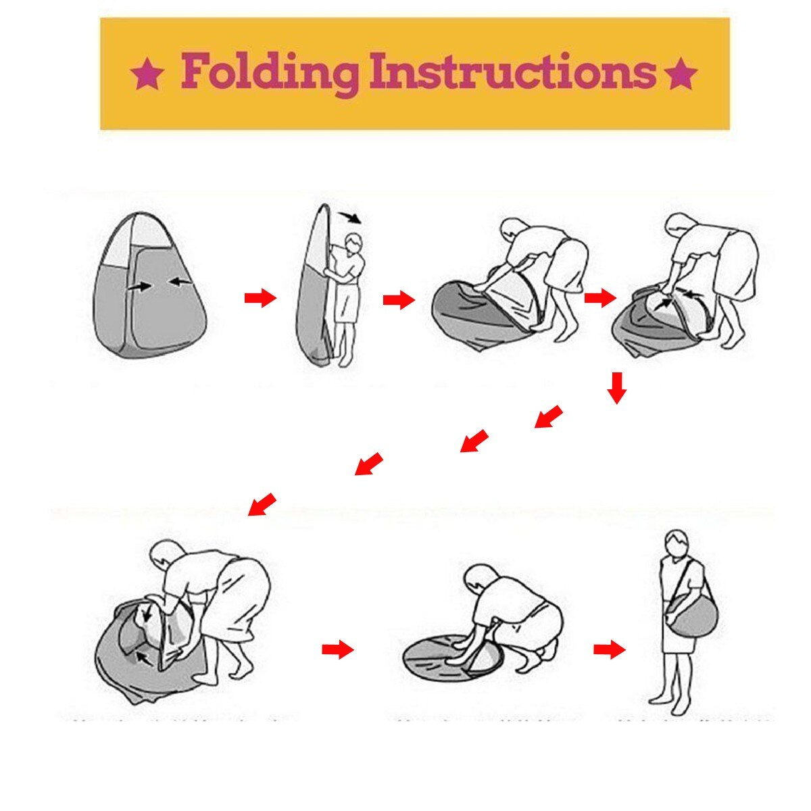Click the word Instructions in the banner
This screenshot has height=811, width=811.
click(513, 70)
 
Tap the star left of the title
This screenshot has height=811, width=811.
click(147, 74)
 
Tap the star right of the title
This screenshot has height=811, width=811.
click(680, 74)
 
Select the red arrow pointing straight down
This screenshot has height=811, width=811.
click(616, 388)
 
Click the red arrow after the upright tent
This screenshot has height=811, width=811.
click(260, 298)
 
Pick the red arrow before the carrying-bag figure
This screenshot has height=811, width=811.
click(610, 649)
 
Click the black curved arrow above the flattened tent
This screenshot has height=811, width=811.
click(350, 218)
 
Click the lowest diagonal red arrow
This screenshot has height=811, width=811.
click(262, 504)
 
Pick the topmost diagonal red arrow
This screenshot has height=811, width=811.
click(548, 417)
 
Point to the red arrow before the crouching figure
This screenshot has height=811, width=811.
click(338, 649)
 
